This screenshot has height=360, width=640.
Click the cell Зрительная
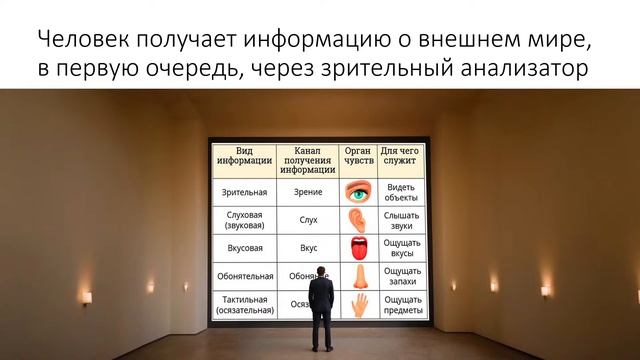click(x=243, y=190)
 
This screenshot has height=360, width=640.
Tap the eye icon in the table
click(x=357, y=190)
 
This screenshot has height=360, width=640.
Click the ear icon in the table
click(x=357, y=219)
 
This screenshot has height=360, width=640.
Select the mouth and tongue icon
click(x=357, y=247)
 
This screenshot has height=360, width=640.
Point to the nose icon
click(x=357, y=275)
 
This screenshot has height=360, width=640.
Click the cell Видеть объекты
click(x=401, y=190)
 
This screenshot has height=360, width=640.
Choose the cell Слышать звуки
click(x=401, y=219)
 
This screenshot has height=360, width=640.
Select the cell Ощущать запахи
click(x=401, y=275)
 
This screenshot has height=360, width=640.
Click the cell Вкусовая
click(x=243, y=247)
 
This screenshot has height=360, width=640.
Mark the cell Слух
click(x=309, y=219)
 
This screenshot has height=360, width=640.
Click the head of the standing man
click(x=320, y=273)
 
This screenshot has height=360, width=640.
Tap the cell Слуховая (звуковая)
click(x=243, y=219)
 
